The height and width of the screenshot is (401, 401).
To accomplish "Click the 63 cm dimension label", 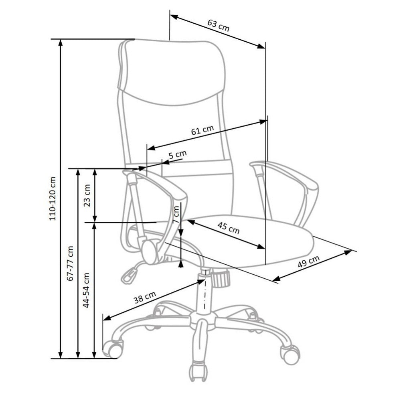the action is [x=218, y=25].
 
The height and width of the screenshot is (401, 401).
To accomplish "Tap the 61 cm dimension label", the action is [x=202, y=130].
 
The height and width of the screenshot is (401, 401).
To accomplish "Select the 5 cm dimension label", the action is [x=178, y=154].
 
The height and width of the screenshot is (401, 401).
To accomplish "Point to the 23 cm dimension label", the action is [x=87, y=196].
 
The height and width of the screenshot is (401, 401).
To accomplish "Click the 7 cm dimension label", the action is [x=176, y=215].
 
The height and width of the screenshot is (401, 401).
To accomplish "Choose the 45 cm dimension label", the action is [x=229, y=228].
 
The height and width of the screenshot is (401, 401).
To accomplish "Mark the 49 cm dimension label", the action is [x=309, y=261].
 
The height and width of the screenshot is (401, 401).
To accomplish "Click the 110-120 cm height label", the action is [x=53, y=199].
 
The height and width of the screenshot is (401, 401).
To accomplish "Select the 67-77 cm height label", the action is [x=70, y=263].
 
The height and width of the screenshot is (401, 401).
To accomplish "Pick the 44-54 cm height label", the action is [x=86, y=290].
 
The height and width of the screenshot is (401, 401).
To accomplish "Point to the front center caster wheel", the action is [x=198, y=372].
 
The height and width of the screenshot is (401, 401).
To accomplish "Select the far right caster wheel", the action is [x=290, y=354].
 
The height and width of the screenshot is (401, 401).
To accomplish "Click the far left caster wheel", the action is [x=113, y=349].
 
